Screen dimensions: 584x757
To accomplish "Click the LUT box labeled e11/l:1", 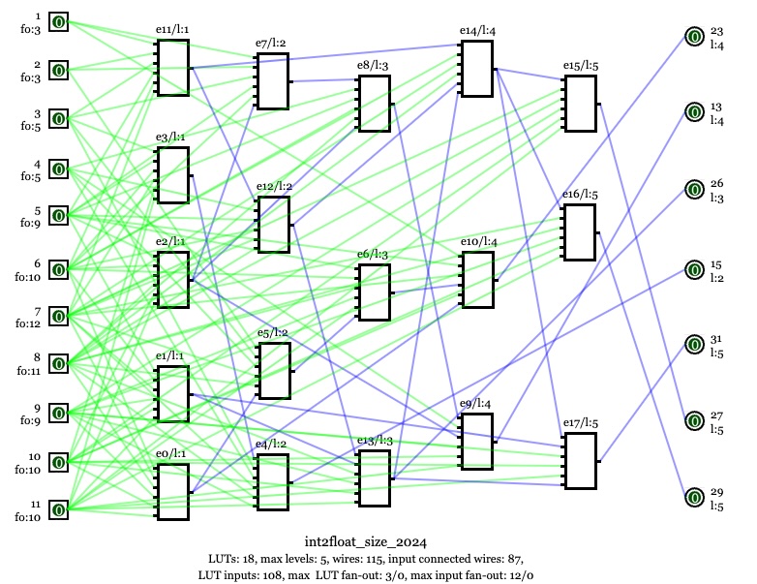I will click(x=173, y=69).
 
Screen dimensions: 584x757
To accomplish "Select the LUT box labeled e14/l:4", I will click(x=477, y=69).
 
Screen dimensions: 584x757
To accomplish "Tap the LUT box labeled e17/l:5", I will click(x=581, y=461).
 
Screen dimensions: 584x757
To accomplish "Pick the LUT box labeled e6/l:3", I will click(x=373, y=292).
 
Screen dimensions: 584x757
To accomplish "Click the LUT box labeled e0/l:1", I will click(x=173, y=492).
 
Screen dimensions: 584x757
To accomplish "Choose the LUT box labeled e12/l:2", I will click(x=273, y=225).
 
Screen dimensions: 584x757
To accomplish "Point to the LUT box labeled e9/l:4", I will click(x=477, y=442).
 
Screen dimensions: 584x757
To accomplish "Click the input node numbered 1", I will click(x=58, y=21).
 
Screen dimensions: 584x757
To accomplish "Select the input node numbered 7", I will click(x=58, y=316).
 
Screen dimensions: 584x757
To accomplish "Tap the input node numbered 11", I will click(x=58, y=509).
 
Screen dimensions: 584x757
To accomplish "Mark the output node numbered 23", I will click(x=694, y=37).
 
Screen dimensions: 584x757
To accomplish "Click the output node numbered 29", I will click(x=694, y=498).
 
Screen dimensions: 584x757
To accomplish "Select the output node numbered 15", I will click(x=694, y=269).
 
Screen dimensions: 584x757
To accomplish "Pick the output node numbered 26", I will click(x=694, y=189).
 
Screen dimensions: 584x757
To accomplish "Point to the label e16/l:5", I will click(x=581, y=195).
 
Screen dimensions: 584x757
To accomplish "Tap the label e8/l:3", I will click(x=373, y=65).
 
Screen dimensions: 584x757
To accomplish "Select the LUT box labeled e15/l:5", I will click(x=581, y=104).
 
